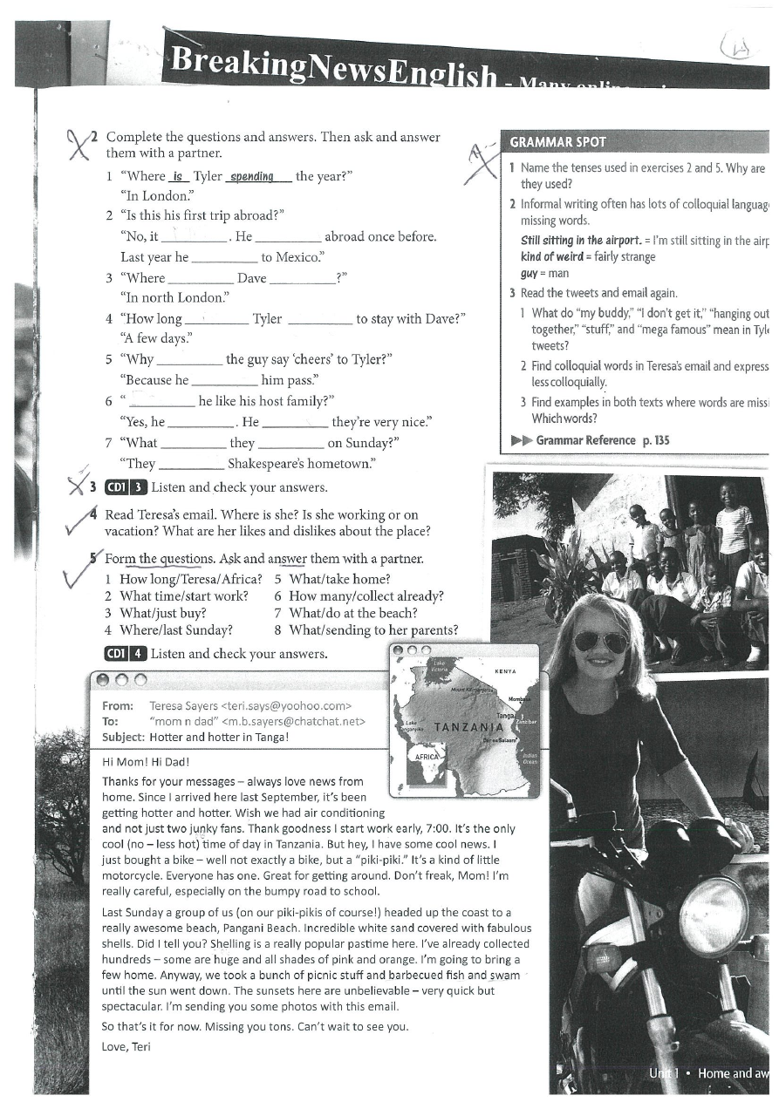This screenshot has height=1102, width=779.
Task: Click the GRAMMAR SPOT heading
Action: point(557,141)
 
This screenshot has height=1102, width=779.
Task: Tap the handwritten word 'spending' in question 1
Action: point(252,176)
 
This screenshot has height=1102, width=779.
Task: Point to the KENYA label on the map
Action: point(506,671)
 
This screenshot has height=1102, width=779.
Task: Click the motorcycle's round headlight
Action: point(713,915)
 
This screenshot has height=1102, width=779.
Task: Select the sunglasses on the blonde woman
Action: point(600,642)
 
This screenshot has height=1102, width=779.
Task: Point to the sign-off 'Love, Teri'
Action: point(126,1046)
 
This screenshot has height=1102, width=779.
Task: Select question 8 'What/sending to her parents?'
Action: point(366,629)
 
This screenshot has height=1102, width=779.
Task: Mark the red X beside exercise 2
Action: point(80,144)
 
